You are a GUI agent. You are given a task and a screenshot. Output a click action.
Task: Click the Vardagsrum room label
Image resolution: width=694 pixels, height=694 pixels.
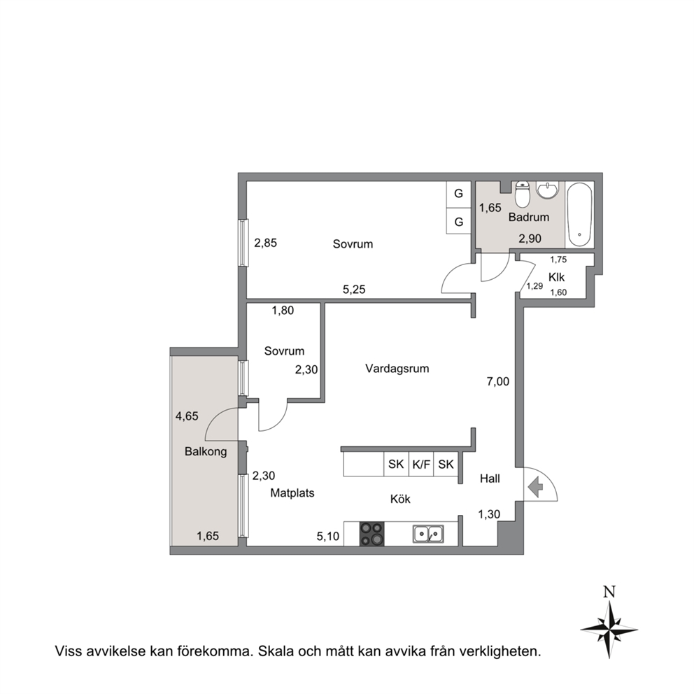[x=397, y=369]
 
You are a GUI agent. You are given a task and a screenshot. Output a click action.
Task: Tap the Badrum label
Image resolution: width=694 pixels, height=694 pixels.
[x=528, y=218]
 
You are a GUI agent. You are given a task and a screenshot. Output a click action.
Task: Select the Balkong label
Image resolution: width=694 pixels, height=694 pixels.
[x=206, y=452]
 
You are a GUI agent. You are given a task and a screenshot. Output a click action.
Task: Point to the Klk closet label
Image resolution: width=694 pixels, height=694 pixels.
[x=556, y=277]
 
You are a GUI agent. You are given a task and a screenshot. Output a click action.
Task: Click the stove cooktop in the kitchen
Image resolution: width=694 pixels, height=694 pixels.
[x=371, y=534]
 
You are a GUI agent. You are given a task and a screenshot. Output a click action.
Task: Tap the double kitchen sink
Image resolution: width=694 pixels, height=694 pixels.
[x=428, y=534]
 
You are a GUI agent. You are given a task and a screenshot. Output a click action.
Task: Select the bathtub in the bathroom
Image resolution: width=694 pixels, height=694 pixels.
[x=579, y=215]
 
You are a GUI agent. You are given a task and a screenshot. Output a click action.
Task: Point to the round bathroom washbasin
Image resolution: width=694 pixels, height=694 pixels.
[x=548, y=190]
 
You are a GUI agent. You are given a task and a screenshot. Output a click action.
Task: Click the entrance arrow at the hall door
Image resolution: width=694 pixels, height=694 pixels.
[x=536, y=487]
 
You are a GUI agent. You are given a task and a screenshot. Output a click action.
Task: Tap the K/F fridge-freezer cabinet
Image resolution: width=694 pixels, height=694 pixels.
[x=421, y=465]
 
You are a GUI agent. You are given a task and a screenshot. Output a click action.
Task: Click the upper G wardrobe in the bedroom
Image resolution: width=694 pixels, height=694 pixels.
[x=458, y=194]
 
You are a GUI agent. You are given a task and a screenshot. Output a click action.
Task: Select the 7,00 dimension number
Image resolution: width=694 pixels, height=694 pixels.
[x=498, y=381]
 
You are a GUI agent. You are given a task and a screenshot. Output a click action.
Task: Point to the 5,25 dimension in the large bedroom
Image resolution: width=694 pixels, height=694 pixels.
[x=354, y=290]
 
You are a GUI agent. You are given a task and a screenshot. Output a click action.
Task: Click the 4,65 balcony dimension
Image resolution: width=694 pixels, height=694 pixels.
[x=187, y=416]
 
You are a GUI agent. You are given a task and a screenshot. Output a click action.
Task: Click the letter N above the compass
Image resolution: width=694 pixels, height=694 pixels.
[x=609, y=592]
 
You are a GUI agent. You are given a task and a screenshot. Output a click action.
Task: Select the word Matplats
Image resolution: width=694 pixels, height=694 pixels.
[x=292, y=493]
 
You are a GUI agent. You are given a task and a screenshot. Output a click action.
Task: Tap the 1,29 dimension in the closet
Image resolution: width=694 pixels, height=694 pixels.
[x=534, y=286]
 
